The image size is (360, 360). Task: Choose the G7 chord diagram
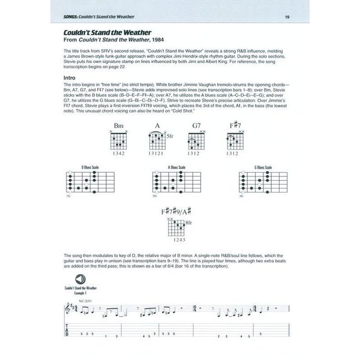196,140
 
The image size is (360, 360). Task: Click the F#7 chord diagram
235,140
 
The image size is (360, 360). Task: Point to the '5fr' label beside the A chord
170,136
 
